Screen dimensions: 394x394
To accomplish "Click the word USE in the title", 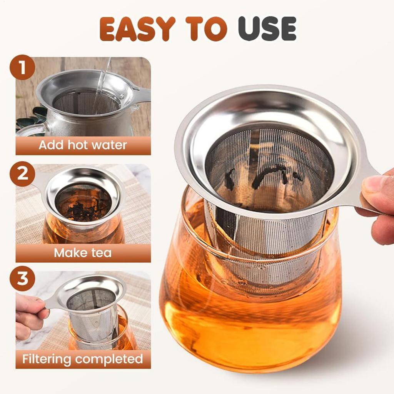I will (267, 29).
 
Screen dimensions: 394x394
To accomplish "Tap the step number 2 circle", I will (22, 174).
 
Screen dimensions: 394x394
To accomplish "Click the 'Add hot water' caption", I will (83, 145).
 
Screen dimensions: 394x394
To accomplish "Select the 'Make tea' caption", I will (83, 253).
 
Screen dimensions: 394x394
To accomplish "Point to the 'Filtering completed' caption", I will (83, 359).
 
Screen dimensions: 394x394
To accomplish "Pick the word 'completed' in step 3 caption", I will (109, 359).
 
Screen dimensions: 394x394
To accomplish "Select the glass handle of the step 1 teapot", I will (29, 129).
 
